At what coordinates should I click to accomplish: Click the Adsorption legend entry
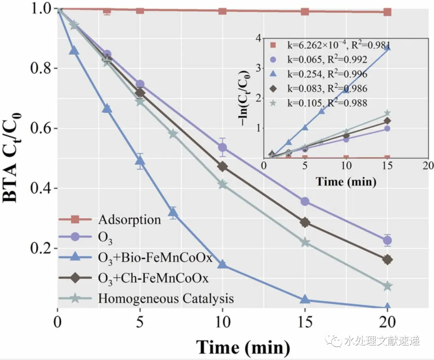[x=129, y=220]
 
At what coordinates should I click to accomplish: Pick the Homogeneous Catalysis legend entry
[x=166, y=299]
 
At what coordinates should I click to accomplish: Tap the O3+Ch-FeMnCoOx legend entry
[x=153, y=278]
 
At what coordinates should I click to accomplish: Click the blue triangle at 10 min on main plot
[x=222, y=265]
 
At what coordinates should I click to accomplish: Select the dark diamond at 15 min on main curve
[x=305, y=222]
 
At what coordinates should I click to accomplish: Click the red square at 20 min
[x=387, y=12]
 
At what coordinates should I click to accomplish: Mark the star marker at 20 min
[x=387, y=286]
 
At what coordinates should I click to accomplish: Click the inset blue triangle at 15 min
[x=387, y=47]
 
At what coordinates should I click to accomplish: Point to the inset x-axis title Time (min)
[x=346, y=181]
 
